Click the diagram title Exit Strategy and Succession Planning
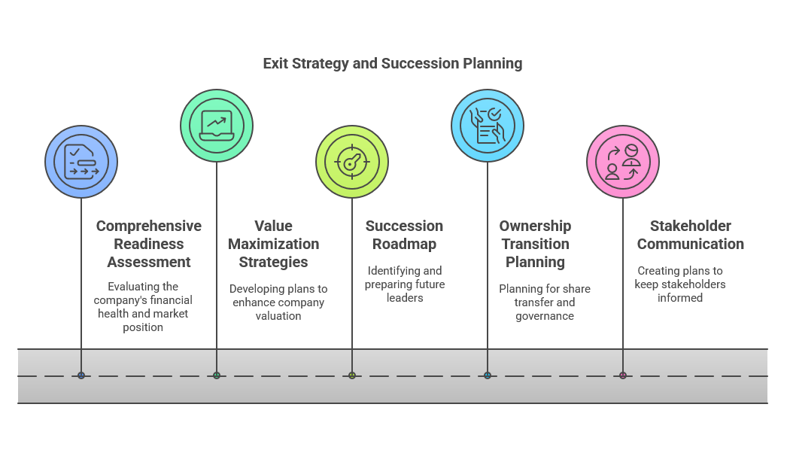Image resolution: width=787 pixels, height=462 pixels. (x=393, y=64)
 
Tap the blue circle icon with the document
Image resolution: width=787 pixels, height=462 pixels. (x=81, y=162)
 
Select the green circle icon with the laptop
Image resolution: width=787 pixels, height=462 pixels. (x=217, y=126)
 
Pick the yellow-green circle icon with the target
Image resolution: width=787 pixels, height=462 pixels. (x=352, y=162)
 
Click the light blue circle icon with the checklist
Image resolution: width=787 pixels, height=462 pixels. (x=488, y=126)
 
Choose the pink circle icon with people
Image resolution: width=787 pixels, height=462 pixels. (x=623, y=162)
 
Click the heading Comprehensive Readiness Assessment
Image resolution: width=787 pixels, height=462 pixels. (x=148, y=244)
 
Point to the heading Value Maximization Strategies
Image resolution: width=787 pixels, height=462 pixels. (x=274, y=244)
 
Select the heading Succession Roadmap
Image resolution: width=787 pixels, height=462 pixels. (x=404, y=235)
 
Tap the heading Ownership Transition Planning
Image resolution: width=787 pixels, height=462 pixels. (x=535, y=244)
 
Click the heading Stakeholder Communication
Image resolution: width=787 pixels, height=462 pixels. (x=691, y=235)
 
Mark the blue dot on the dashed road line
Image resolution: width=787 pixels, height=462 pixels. (x=81, y=375)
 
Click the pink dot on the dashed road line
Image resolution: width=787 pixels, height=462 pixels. (x=623, y=375)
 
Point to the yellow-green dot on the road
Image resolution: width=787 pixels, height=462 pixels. (x=352, y=375)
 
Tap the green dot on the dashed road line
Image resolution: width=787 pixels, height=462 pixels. (x=217, y=375)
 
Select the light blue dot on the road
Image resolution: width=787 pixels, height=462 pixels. (x=488, y=375)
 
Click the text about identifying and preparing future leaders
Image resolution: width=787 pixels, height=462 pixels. (x=405, y=284)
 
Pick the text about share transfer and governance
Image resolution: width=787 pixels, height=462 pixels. (x=545, y=302)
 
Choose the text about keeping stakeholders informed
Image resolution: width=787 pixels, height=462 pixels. (x=680, y=284)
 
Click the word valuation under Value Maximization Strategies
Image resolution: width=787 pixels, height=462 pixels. (x=278, y=316)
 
